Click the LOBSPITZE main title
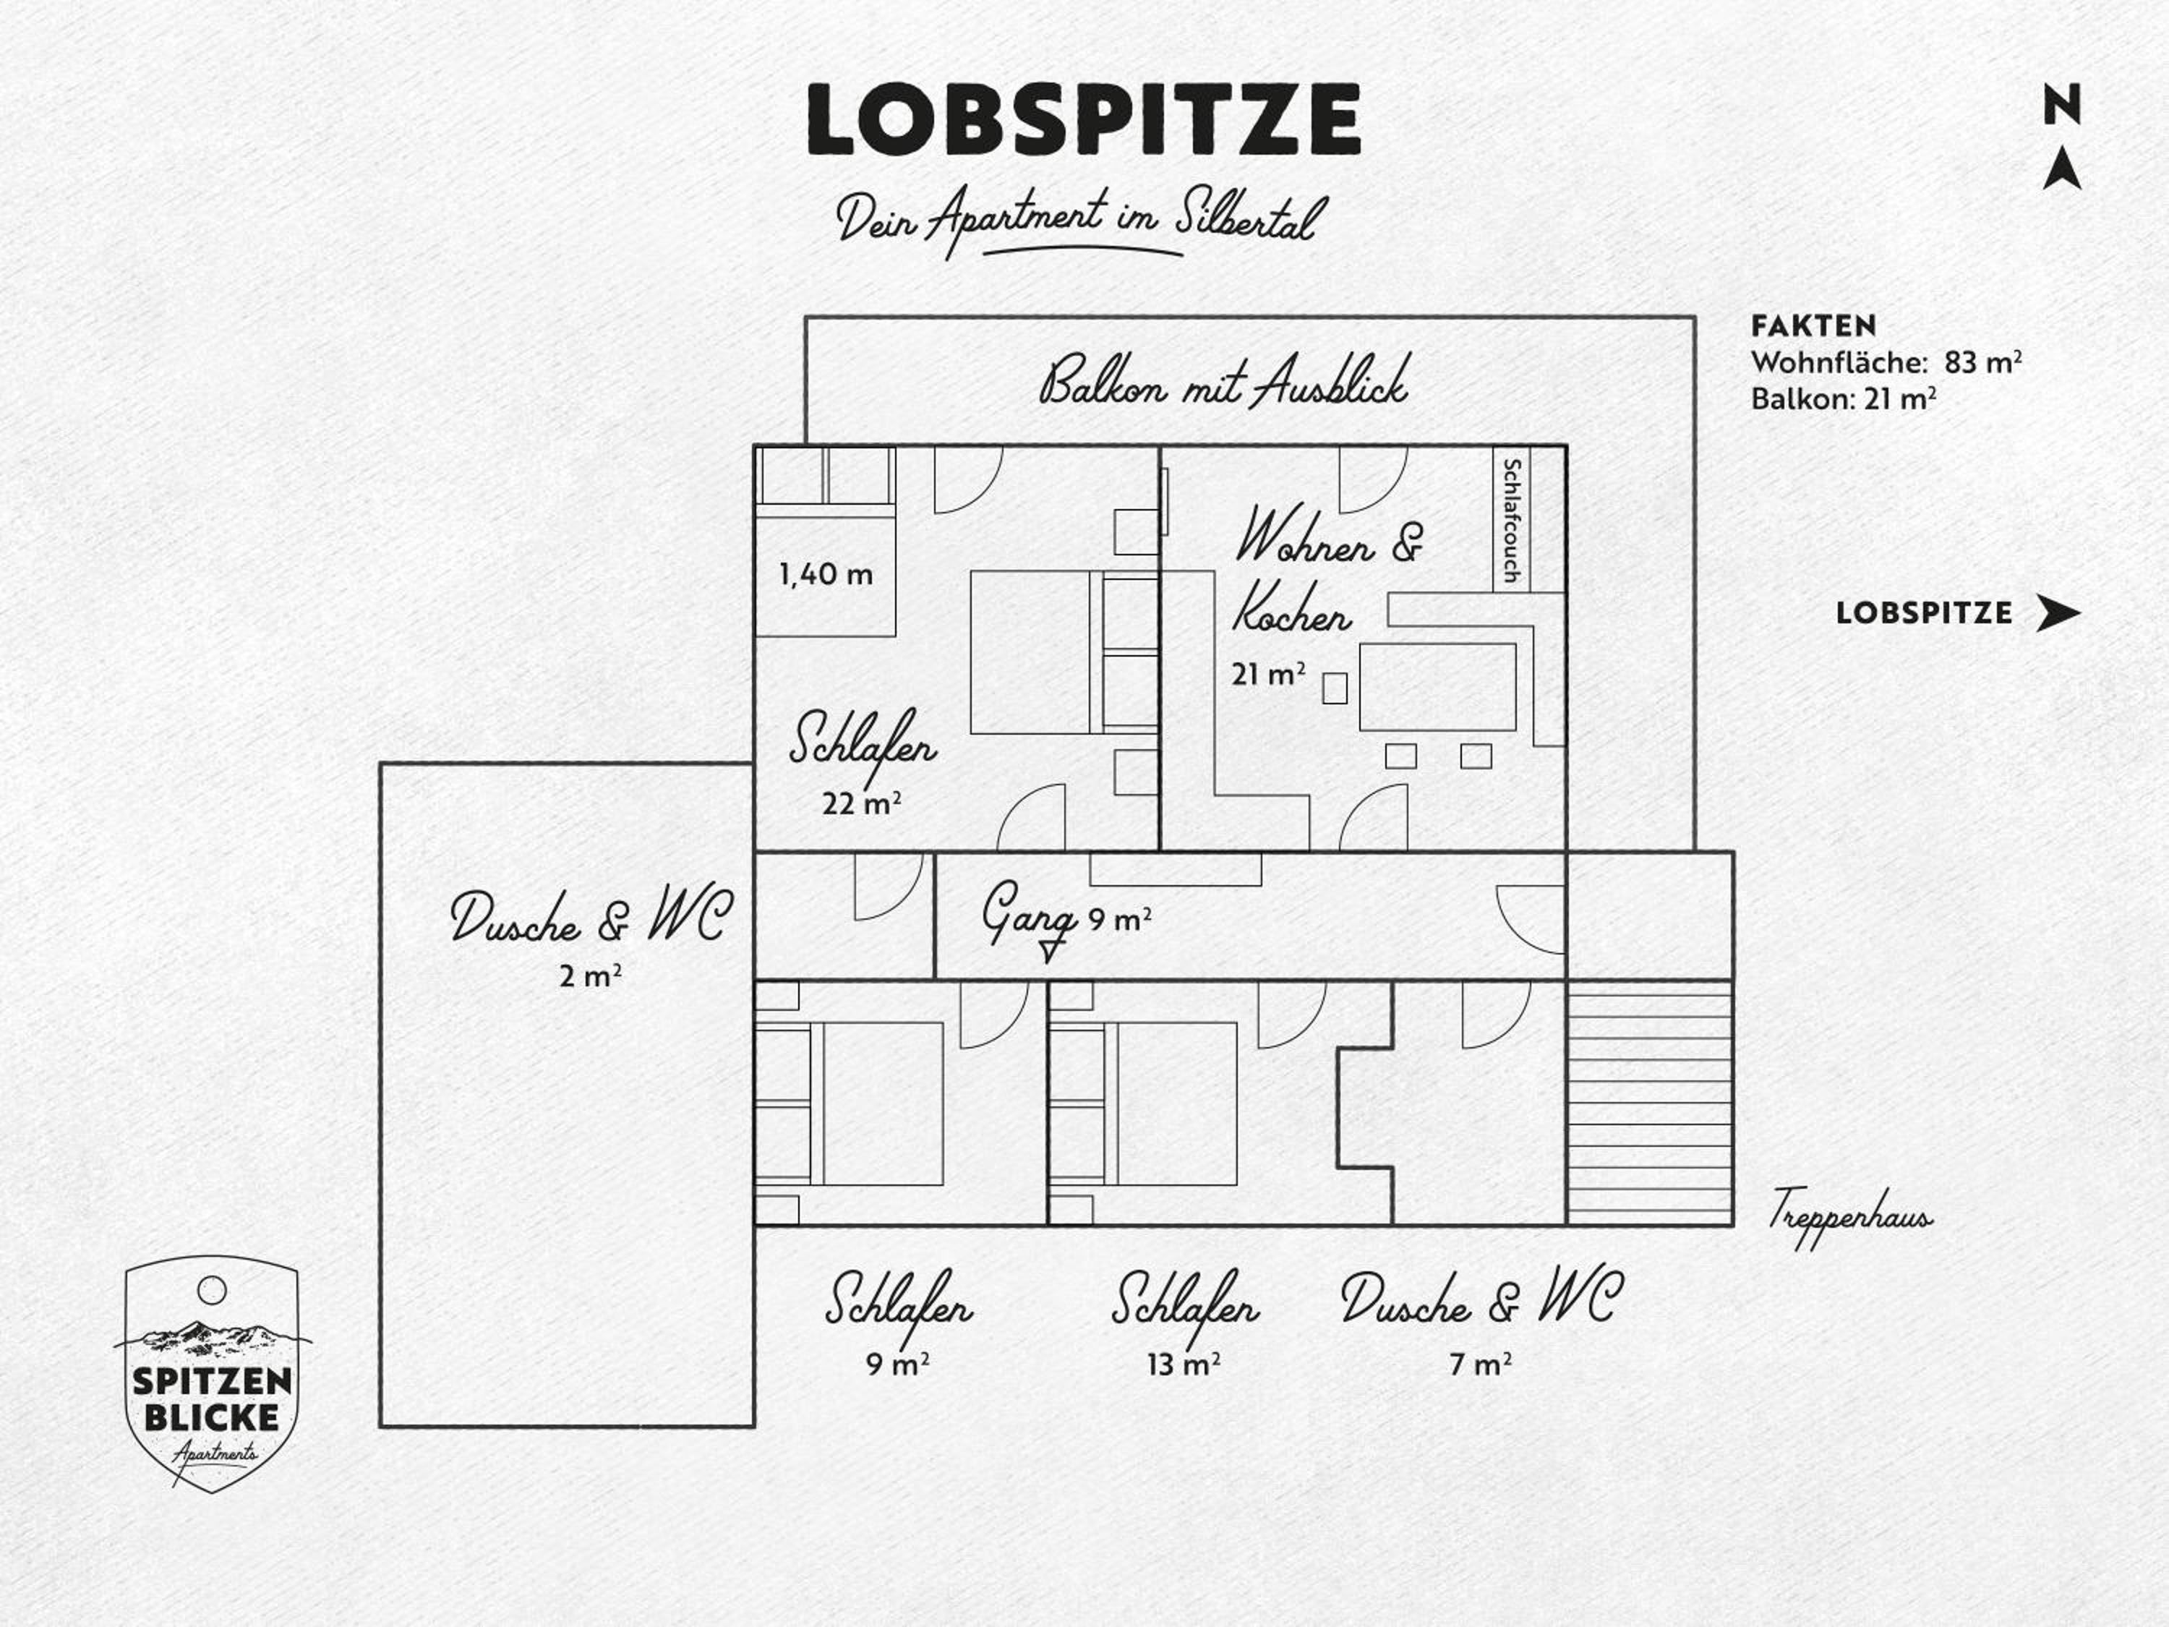[x=1084, y=119]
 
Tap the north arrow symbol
[x=2062, y=168]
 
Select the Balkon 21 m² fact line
[x=1844, y=399]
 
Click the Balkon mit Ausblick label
[x=1224, y=380]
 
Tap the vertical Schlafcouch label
[x=1511, y=520]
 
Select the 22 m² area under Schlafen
[x=861, y=803]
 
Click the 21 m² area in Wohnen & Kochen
[x=1268, y=674]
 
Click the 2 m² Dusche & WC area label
[x=590, y=975]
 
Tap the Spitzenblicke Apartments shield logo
[x=212, y=1373]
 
